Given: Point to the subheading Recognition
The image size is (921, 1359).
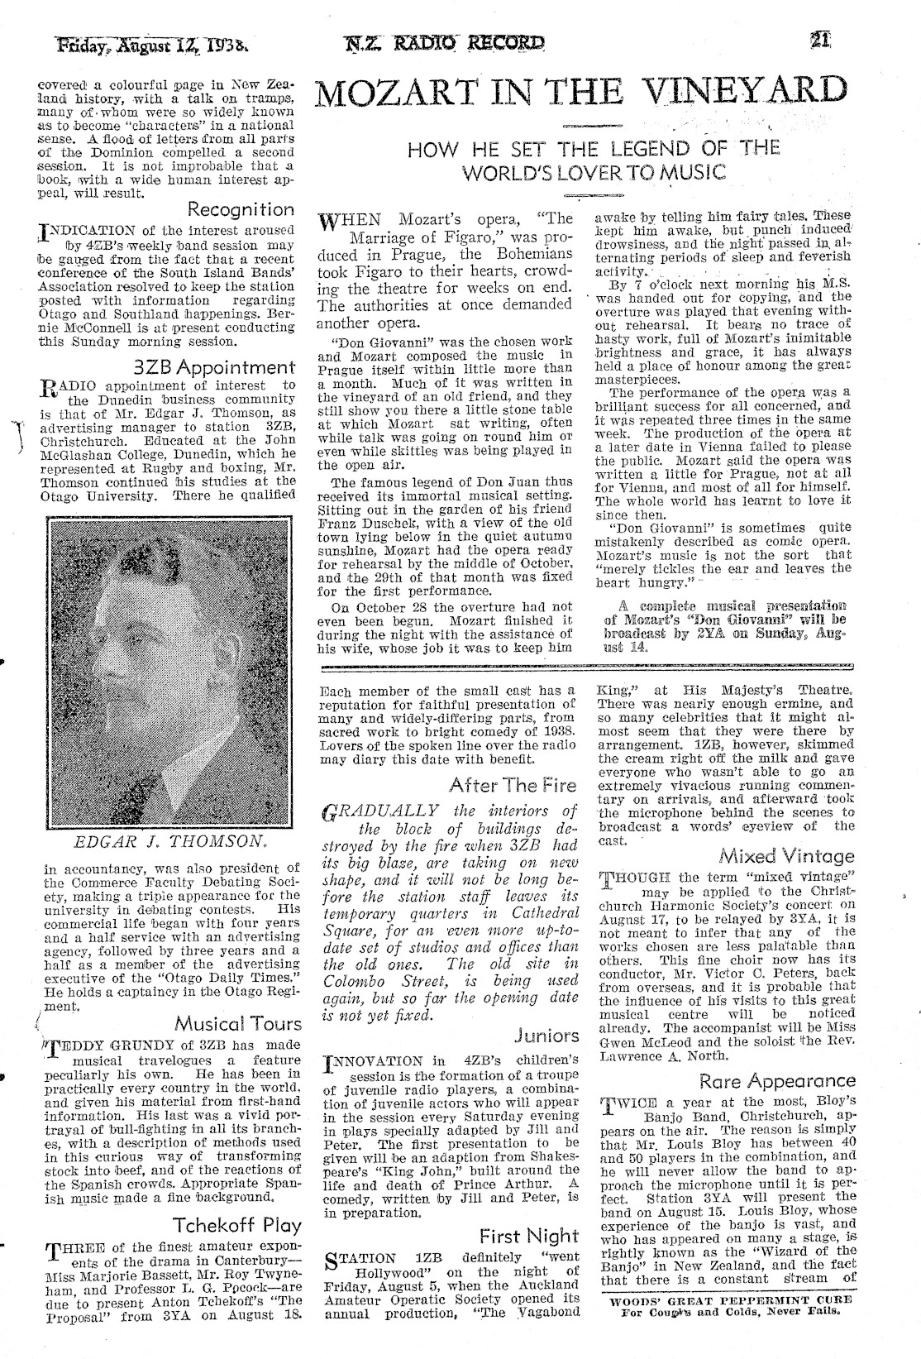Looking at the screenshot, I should [x=241, y=210].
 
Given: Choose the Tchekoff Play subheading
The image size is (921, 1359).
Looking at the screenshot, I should [x=236, y=1225].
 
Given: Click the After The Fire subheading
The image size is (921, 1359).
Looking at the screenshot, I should [x=513, y=785].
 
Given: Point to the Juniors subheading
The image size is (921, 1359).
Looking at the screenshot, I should [x=546, y=1035].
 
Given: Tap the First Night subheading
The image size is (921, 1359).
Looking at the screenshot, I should [x=529, y=1236].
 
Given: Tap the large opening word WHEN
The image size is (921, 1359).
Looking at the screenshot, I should [x=351, y=220].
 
